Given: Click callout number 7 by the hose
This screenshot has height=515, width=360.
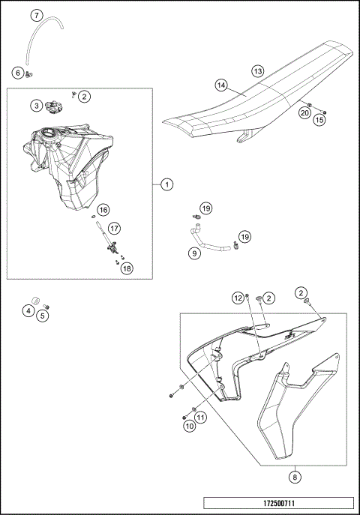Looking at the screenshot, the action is (x=37, y=15).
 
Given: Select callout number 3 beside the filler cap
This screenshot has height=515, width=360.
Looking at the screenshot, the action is (x=37, y=106).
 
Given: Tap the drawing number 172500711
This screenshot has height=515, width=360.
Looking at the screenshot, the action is (x=279, y=503).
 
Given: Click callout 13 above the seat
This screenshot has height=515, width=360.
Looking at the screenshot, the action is (x=258, y=71).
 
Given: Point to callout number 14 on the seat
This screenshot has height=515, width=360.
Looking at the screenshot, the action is (x=222, y=85).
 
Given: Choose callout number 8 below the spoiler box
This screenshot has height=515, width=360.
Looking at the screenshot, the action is (x=295, y=477).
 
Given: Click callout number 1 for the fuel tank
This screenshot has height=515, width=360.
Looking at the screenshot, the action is (x=167, y=184).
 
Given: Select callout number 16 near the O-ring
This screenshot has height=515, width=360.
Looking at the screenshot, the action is (x=103, y=210).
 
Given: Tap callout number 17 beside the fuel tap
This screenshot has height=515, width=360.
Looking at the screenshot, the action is (x=114, y=228).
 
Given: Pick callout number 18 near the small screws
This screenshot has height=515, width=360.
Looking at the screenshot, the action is (x=127, y=268).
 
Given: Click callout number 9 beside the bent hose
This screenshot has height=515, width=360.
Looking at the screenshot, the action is (x=195, y=253).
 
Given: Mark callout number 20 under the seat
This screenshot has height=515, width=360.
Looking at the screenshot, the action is (x=304, y=113).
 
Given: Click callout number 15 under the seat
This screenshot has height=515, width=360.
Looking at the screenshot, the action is (x=319, y=120).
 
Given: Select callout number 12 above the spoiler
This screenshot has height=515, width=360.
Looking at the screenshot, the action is (x=238, y=298).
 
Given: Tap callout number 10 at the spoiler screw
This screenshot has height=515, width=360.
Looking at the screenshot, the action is (x=190, y=427).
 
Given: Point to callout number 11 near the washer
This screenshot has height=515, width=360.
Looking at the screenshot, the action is (x=201, y=418).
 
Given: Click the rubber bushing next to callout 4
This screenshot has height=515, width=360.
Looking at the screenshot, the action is (x=35, y=301).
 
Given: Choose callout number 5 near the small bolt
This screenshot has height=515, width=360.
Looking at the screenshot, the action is (x=42, y=316).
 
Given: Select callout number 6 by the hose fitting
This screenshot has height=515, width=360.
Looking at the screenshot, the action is (x=18, y=72).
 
